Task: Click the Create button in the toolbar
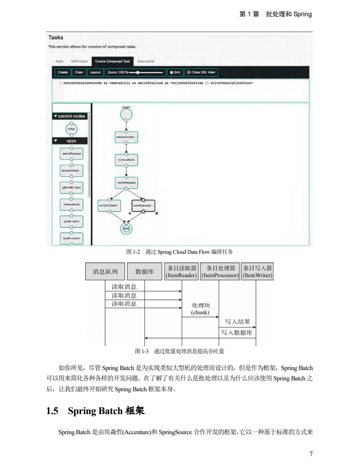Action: pos(62,72)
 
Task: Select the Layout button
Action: pos(95,72)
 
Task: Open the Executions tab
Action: pos(146,61)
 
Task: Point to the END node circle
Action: pos(126,229)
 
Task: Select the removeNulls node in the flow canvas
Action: pos(126,160)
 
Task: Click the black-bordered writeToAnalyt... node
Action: pos(143,205)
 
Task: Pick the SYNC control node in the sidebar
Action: pos(72,129)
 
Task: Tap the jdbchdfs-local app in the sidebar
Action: pos(72,187)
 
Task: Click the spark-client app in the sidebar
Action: pos(72,222)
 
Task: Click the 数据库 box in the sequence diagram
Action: pos(144,271)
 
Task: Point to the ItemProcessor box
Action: pos(219,272)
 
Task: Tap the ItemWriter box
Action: pos(257,272)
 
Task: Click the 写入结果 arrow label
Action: pos(237,321)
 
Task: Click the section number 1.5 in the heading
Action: pos(52,411)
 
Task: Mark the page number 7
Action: pos(311,454)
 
